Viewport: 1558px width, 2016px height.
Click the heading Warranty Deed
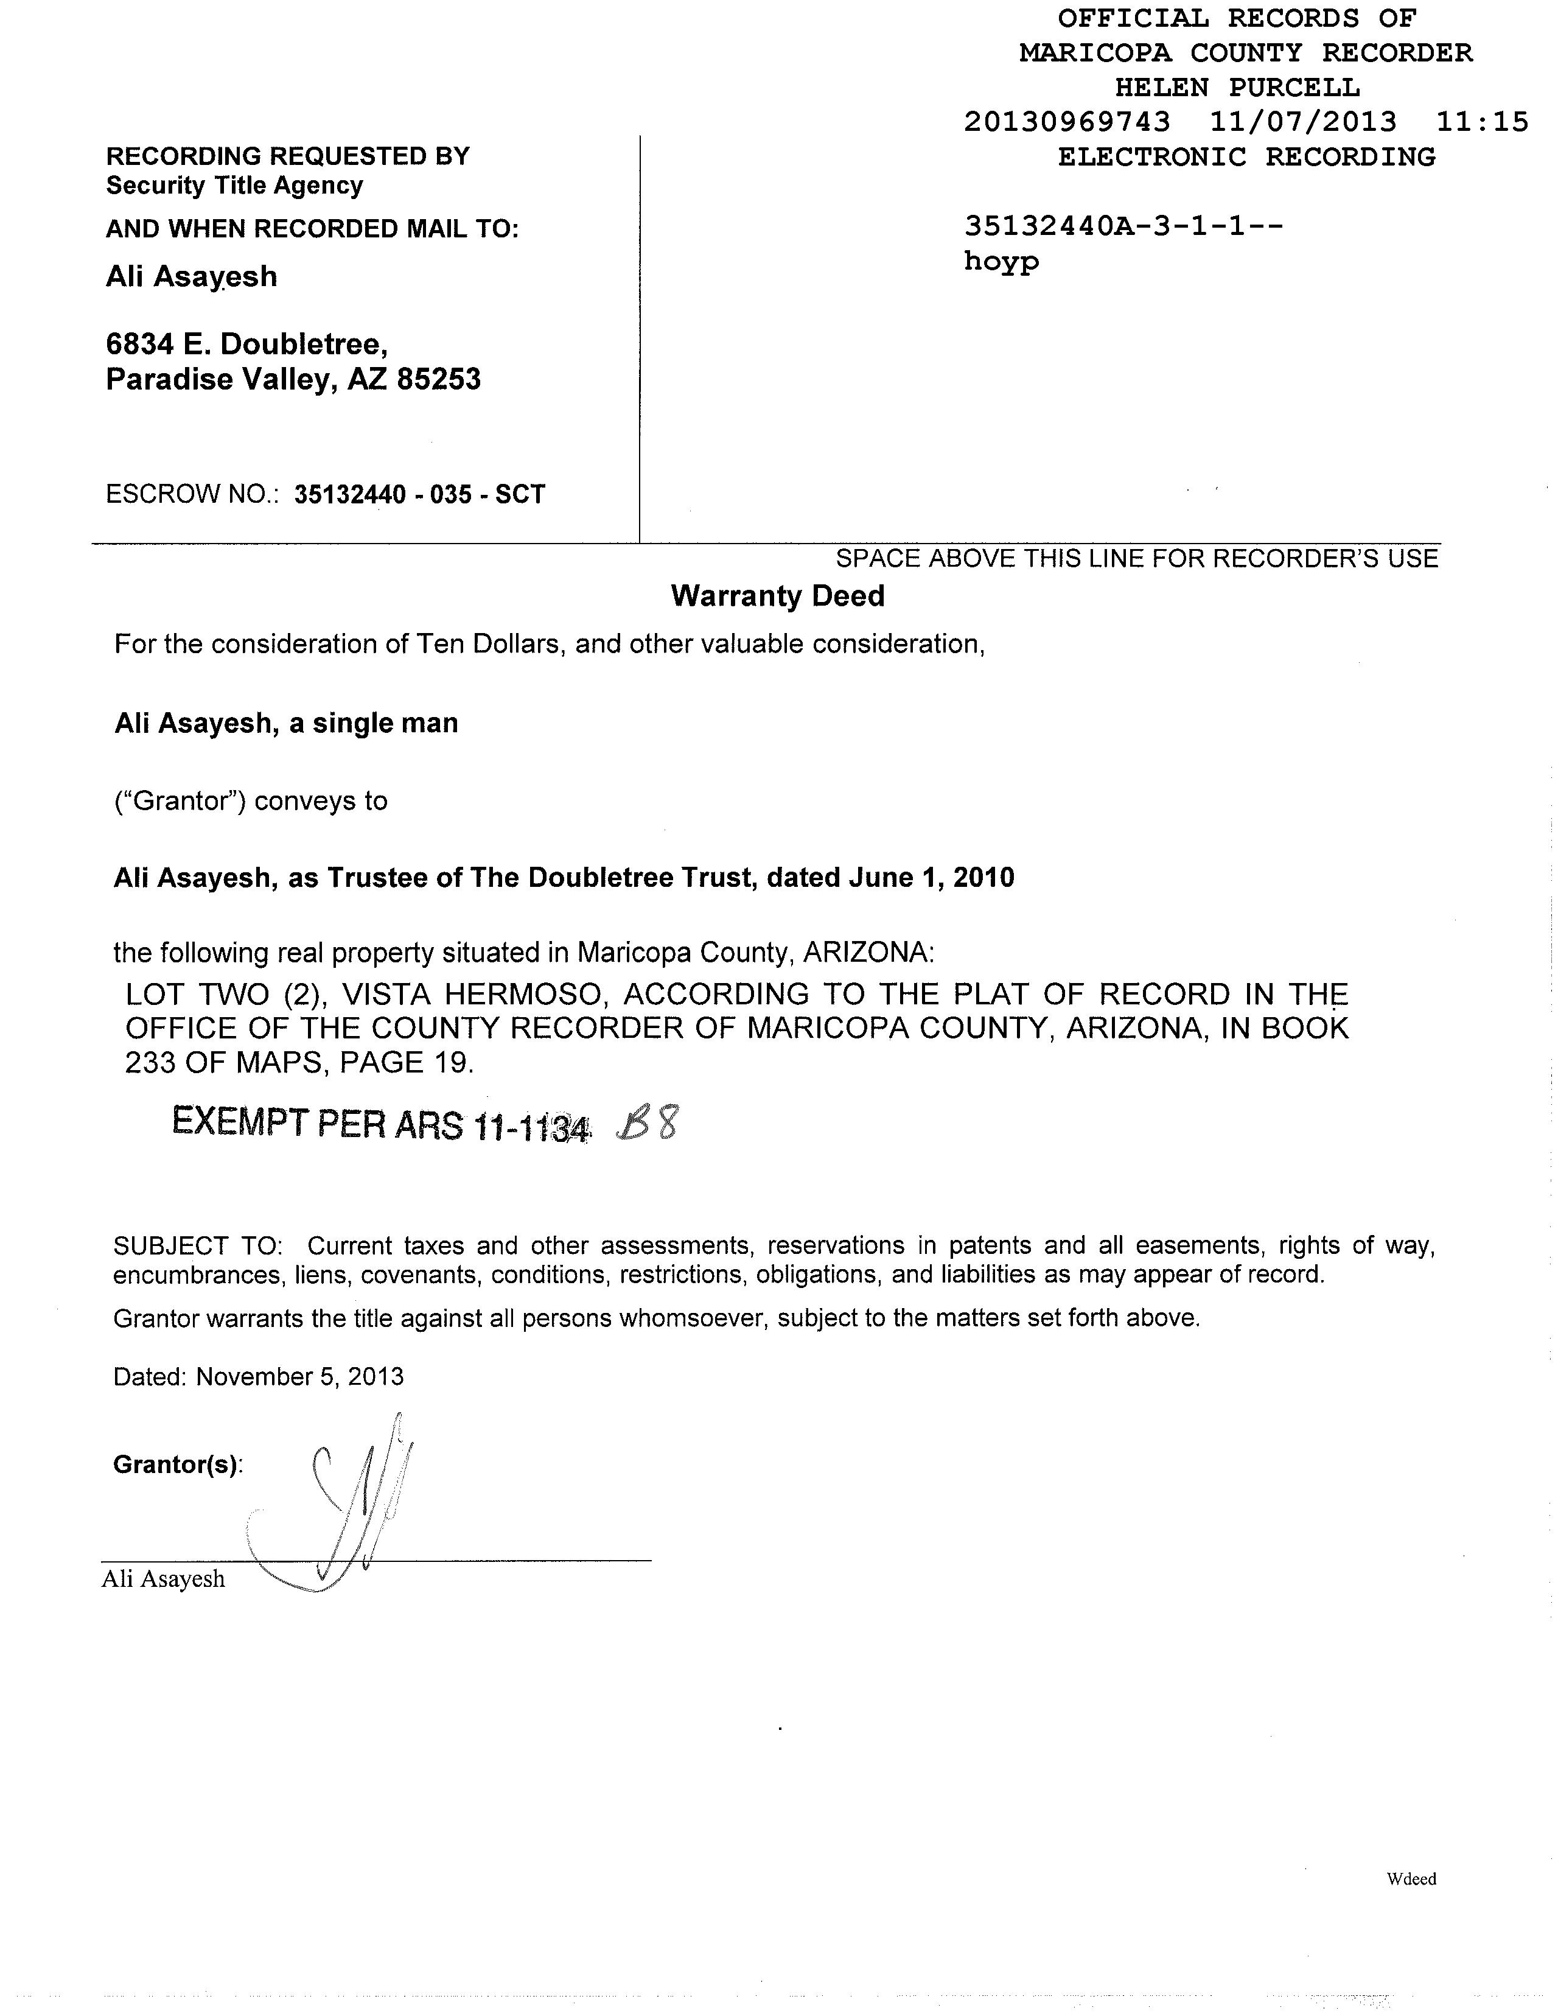tap(777, 597)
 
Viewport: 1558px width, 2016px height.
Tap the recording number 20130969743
tap(1067, 122)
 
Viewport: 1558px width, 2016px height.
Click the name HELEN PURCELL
tap(1237, 88)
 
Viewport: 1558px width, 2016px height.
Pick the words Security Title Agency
tap(234, 186)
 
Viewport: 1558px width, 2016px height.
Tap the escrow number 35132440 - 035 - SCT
tap(420, 495)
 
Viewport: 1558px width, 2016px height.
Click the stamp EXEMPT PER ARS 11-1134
tap(380, 1124)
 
